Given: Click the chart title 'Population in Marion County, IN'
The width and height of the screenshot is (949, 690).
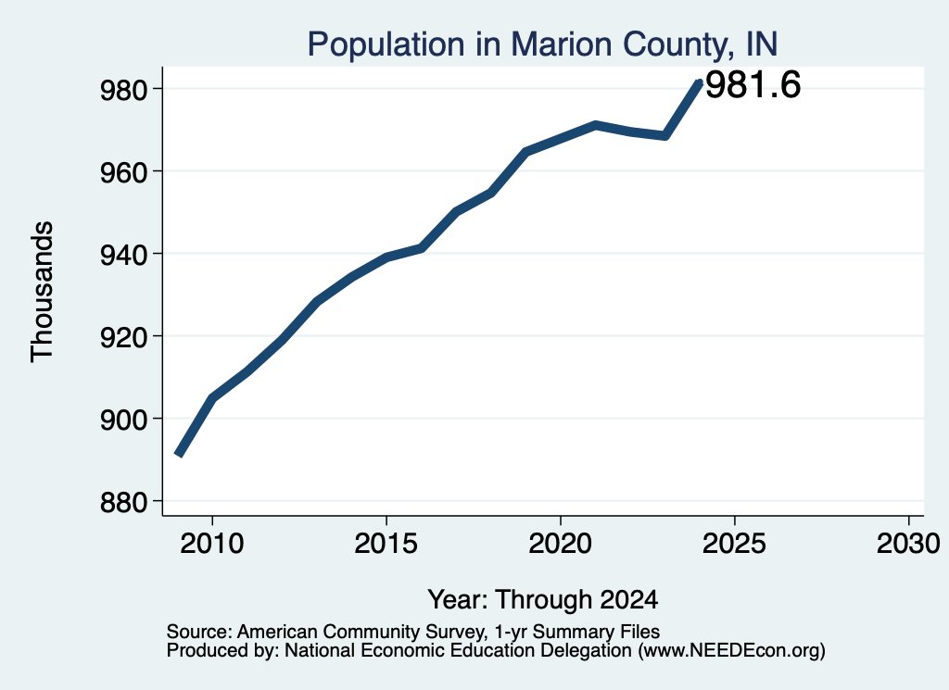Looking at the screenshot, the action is (x=542, y=44).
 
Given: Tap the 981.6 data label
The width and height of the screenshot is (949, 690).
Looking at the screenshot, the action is (x=753, y=84).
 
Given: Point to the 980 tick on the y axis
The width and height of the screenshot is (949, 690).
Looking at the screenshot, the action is (x=123, y=90).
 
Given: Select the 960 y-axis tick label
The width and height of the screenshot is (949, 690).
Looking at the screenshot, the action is (x=123, y=171).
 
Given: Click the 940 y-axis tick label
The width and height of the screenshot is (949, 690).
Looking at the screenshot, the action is (x=123, y=254).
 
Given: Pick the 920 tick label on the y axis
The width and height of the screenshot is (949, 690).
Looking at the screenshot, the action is (x=123, y=336).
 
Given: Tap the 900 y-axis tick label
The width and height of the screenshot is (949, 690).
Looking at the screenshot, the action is (x=123, y=419).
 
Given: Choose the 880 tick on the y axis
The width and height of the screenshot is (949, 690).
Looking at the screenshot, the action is (x=123, y=501).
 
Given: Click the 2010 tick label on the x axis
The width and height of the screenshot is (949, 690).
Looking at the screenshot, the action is (x=212, y=543).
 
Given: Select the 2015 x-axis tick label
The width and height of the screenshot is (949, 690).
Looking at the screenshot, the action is (x=386, y=543).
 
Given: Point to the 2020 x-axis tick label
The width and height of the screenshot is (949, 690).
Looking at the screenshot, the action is (x=561, y=543).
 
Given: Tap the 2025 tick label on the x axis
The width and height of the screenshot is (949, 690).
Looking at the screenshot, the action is (x=734, y=543).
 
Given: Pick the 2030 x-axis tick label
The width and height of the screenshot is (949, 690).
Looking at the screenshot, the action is (x=908, y=543).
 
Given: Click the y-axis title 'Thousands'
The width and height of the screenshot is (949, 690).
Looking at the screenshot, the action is (x=43, y=292).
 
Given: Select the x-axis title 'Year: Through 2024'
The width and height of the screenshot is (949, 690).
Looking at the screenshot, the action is (x=543, y=599).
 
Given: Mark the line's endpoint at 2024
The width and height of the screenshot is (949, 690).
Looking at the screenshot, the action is (x=700, y=82).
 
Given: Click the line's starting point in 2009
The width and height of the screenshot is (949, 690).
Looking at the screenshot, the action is (x=178, y=455).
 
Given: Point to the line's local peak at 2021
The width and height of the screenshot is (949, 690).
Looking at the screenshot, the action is (x=596, y=125).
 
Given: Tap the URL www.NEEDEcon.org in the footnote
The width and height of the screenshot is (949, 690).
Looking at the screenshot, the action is (x=730, y=651).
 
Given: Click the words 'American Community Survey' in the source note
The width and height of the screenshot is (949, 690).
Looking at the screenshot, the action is (x=361, y=632).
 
